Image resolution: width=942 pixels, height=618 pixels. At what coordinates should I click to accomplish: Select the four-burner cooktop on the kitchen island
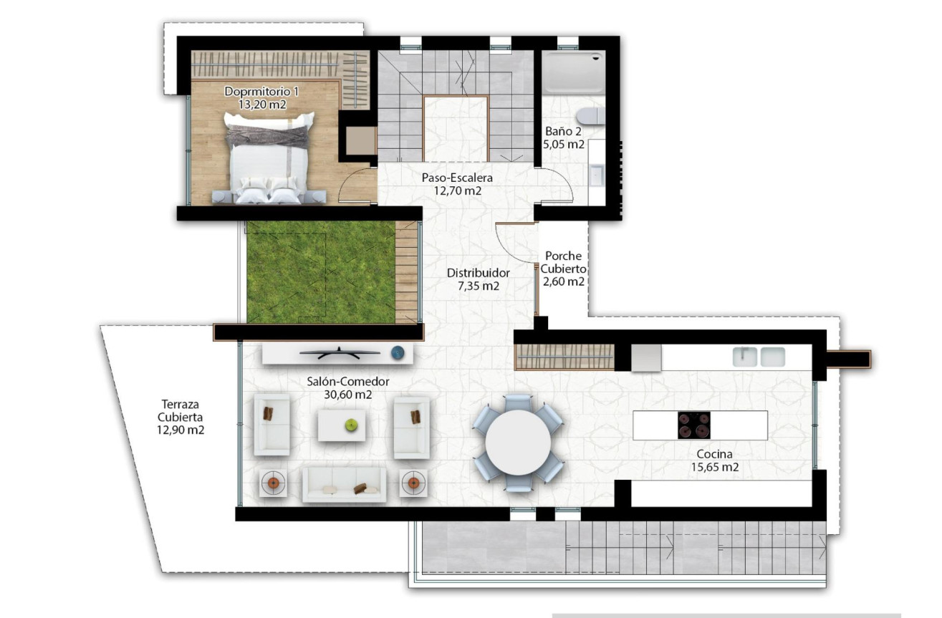click(694, 425)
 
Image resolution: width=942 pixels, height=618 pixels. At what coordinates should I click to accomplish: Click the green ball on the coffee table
click(351, 425)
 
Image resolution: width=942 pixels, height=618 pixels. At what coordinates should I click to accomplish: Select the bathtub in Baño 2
click(574, 72)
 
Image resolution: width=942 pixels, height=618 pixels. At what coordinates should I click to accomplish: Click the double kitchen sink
click(759, 356)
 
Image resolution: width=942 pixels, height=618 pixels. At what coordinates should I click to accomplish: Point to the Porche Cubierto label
click(563, 269)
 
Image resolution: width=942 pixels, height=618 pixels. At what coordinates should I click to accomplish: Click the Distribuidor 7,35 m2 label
click(478, 279)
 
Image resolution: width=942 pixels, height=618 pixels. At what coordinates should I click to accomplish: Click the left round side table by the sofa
click(273, 483)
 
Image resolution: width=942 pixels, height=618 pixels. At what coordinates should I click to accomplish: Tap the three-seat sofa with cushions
click(345, 485)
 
